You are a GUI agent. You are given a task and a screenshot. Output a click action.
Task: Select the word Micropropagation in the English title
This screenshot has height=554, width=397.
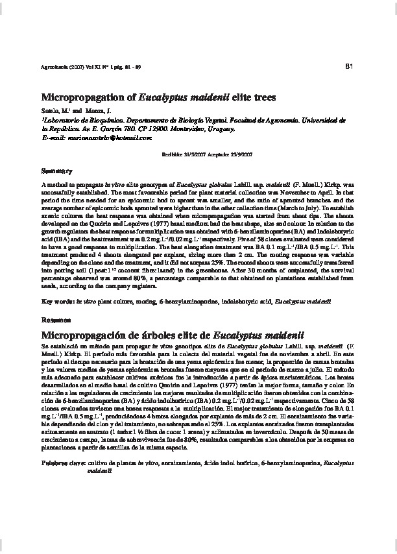coord(82,97)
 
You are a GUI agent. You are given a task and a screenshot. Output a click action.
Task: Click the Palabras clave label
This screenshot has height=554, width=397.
coord(62,464)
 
